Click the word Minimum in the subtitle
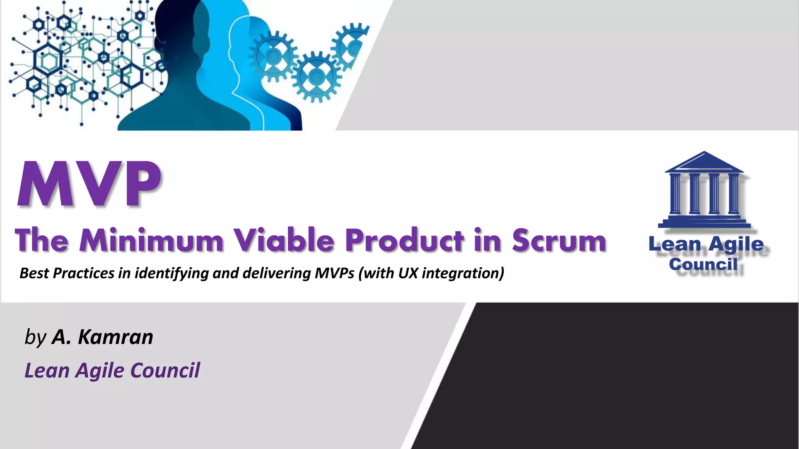coord(151,240)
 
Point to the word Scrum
coord(559,240)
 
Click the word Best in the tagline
coord(34,273)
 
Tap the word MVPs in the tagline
coord(334,273)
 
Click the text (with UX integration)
coord(431,273)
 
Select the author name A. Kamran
coord(102,337)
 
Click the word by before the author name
coord(35,338)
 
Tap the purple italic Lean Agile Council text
coord(112,370)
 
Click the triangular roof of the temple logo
coord(704,162)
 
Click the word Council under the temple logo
coord(703,264)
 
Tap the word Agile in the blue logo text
coord(736,244)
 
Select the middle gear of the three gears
coord(316,76)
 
